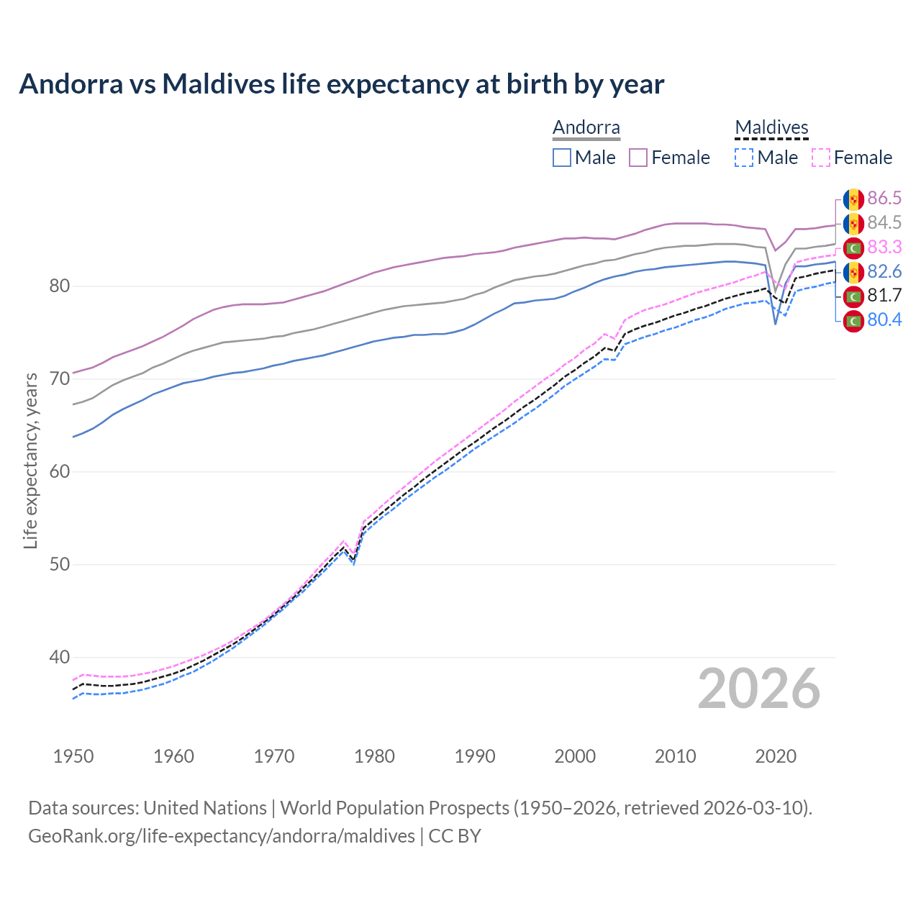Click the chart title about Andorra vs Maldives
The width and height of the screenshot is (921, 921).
(341, 84)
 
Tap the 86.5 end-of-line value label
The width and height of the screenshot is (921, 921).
(884, 199)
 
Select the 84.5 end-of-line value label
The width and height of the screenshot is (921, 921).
(884, 223)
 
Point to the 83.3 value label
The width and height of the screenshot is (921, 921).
(884, 248)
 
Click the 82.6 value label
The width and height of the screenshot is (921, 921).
(884, 272)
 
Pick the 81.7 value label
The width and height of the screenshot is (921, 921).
(884, 296)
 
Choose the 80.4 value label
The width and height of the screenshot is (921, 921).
(884, 320)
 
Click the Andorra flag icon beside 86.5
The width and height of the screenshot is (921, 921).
(853, 199)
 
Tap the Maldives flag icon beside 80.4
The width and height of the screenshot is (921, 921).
(853, 321)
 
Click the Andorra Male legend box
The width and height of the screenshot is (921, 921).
(562, 158)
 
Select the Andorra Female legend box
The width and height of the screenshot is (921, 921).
(638, 158)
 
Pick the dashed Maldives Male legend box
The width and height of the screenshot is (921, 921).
(744, 158)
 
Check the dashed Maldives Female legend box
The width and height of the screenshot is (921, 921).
(821, 158)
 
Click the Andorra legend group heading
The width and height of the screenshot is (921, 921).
(586, 128)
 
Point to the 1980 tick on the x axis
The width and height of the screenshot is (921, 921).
(374, 756)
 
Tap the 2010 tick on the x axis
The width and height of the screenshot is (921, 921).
(675, 756)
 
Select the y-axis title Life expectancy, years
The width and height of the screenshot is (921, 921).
(31, 460)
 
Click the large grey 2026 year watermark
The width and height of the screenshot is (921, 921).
(759, 689)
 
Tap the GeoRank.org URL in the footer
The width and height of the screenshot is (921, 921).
(222, 836)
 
